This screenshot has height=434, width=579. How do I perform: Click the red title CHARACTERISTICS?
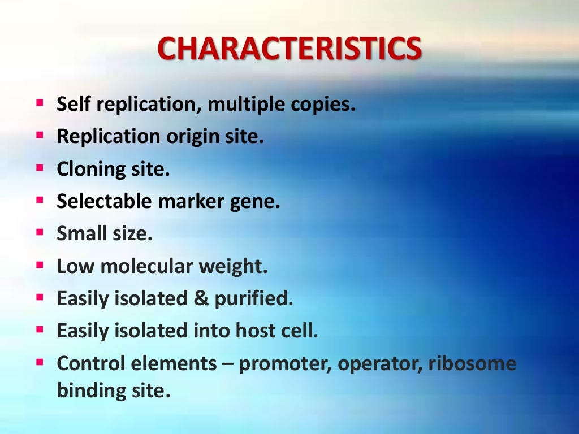[289, 49]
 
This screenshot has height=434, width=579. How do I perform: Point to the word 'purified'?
[254, 299]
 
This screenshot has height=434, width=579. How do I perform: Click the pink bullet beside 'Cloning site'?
[39, 168]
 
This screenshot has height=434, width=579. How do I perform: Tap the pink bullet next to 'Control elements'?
[39, 361]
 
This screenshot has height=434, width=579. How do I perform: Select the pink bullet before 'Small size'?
[39, 232]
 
